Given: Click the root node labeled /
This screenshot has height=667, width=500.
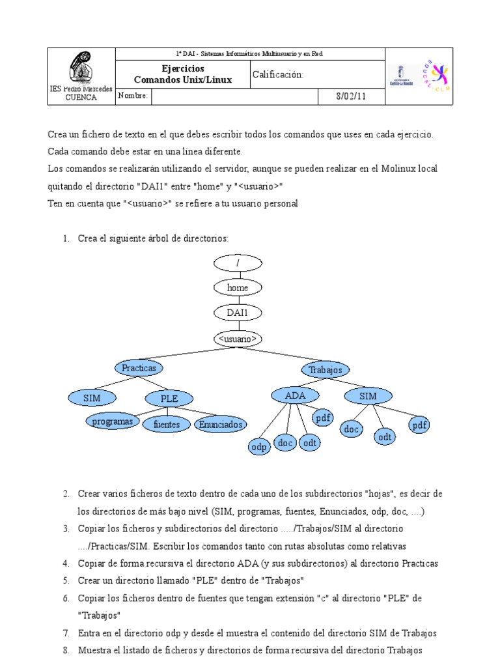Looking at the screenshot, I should [238, 262].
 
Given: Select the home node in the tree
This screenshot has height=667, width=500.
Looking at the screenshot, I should [238, 287].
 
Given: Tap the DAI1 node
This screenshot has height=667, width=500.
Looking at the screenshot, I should [238, 313].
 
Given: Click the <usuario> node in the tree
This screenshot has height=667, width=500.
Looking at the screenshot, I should [238, 339].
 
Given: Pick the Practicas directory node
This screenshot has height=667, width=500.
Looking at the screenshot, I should [139, 368].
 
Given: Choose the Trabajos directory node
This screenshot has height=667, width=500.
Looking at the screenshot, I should [326, 370].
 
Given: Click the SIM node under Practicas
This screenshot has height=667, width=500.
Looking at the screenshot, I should [90, 397].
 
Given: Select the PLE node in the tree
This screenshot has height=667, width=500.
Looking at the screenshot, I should [169, 399].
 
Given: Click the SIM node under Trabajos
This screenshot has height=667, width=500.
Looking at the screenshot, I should [368, 395].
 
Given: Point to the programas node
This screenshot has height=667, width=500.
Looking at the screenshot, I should [113, 421].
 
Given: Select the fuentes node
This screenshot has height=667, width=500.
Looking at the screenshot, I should [166, 425].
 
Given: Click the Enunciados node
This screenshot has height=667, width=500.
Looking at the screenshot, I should [221, 425].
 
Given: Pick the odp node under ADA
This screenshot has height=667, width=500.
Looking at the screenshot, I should [259, 447].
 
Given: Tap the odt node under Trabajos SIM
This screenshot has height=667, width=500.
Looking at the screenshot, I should [385, 437].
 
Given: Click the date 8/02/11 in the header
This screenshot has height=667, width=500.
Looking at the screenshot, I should [350, 96].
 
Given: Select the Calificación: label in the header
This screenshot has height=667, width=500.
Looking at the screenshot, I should [278, 75].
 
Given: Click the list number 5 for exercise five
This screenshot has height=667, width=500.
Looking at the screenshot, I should [66, 580].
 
